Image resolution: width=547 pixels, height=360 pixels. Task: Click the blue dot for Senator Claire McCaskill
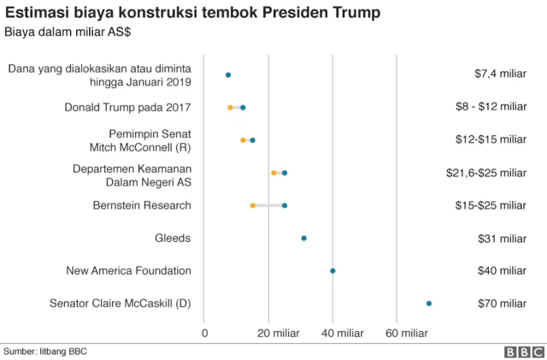pos(429,304)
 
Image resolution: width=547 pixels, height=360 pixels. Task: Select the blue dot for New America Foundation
pos(332,271)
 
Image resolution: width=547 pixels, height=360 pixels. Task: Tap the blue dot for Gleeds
pos(303,239)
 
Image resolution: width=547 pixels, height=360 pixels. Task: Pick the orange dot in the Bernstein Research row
pos(252,205)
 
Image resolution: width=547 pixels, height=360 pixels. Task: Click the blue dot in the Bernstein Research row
pos(285,205)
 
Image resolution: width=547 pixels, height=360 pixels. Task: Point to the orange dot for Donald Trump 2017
pos(230,108)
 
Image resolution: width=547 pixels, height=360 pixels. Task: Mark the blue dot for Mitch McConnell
pos(252,140)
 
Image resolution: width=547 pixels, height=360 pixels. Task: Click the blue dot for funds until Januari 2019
pos(228,75)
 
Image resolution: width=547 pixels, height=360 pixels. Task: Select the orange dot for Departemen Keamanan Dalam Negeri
pos(273,173)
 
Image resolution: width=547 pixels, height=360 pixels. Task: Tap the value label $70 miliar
pos(501,304)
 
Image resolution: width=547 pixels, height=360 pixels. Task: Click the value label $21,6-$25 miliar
pos(485,173)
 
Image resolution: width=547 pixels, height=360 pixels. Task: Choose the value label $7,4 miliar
pos(500,74)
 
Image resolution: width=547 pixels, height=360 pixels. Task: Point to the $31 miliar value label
pos(501,239)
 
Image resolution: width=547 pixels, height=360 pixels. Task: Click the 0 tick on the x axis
pos(205,333)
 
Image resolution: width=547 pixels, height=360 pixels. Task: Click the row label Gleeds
pos(173,239)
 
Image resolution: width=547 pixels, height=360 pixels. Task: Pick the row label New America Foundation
pos(128,271)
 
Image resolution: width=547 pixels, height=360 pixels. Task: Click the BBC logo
pos(523,351)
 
